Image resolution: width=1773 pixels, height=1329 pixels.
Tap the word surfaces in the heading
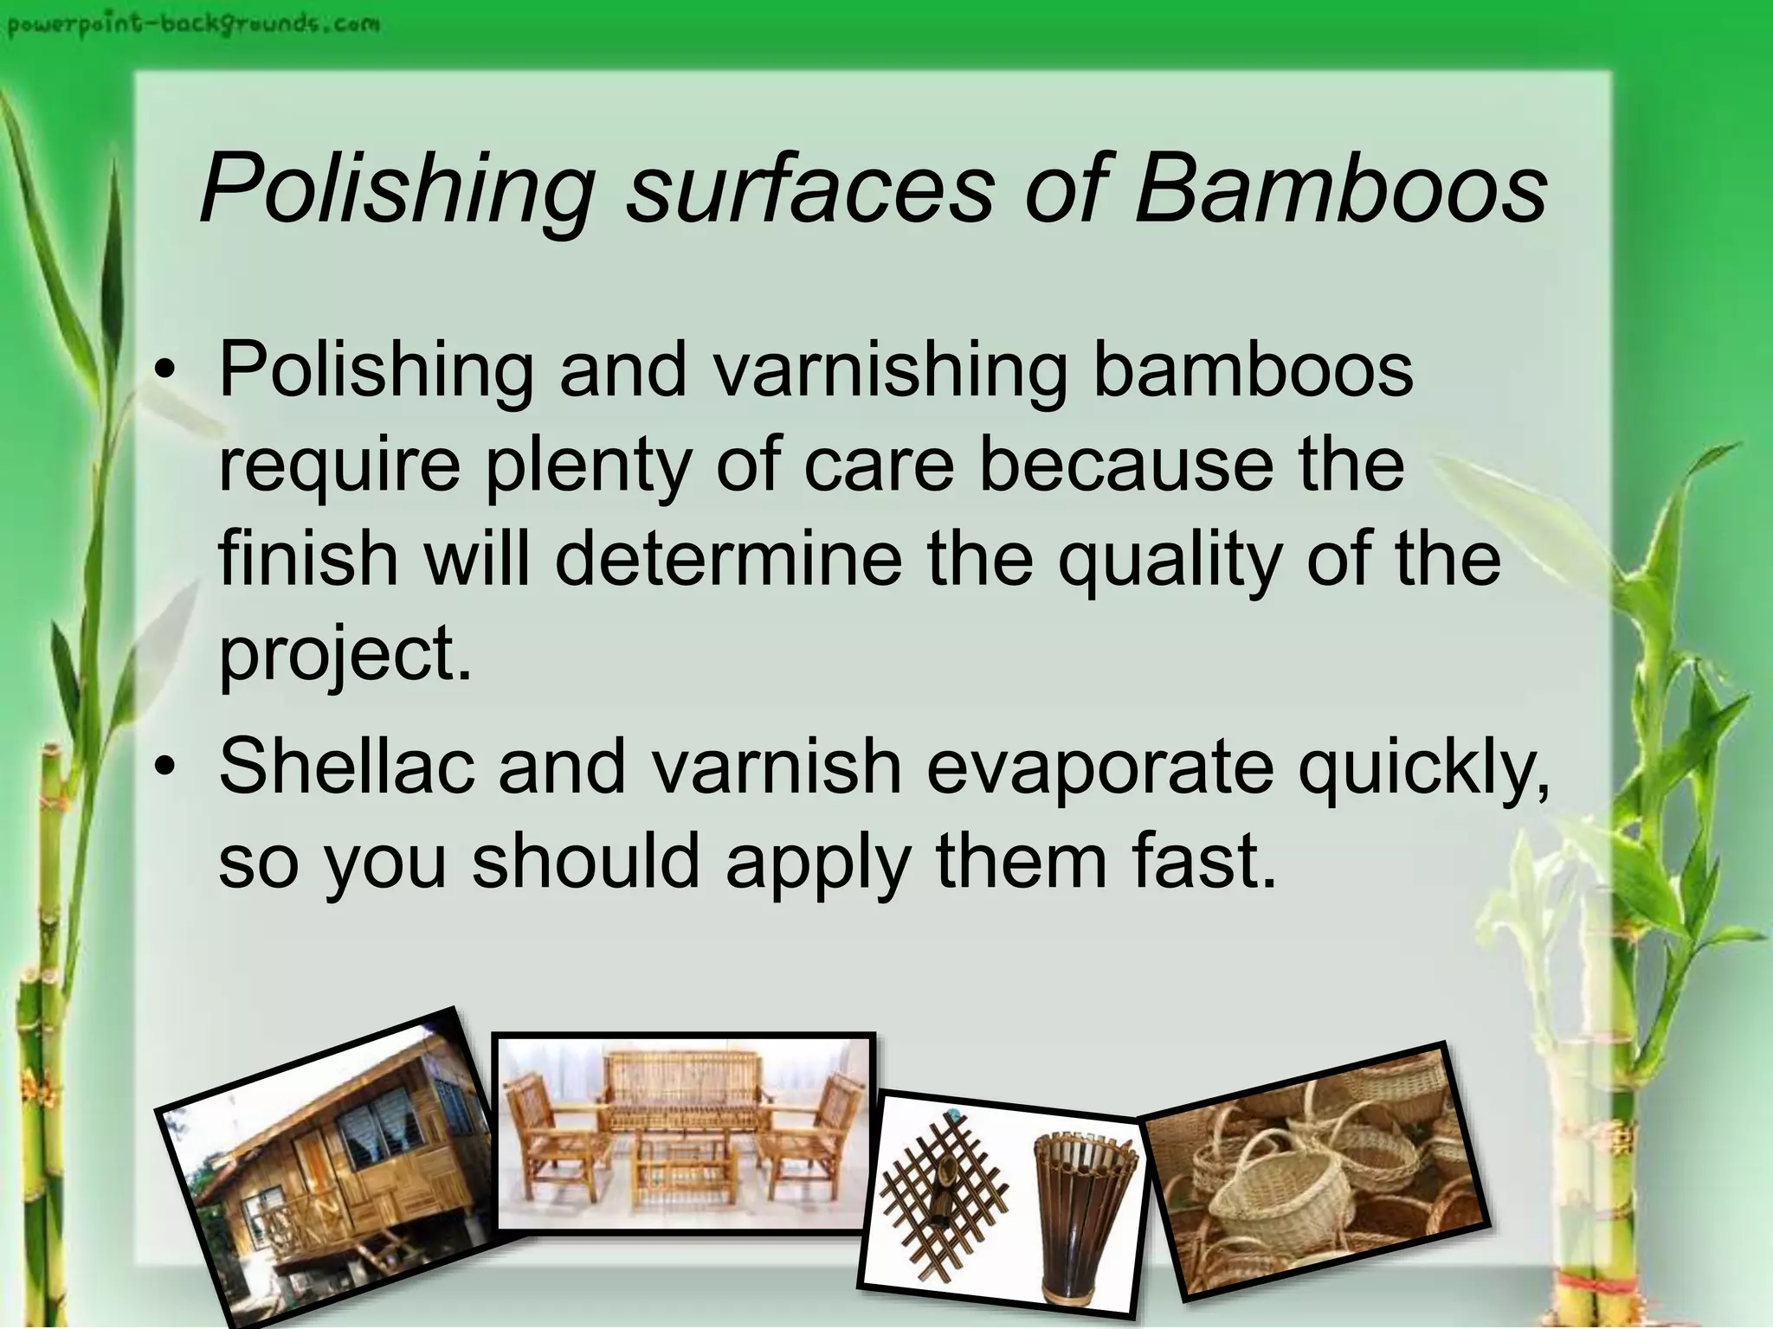[809, 190]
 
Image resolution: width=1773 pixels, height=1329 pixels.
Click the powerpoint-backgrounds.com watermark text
[193, 23]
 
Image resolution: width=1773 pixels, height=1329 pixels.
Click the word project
[345, 656]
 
